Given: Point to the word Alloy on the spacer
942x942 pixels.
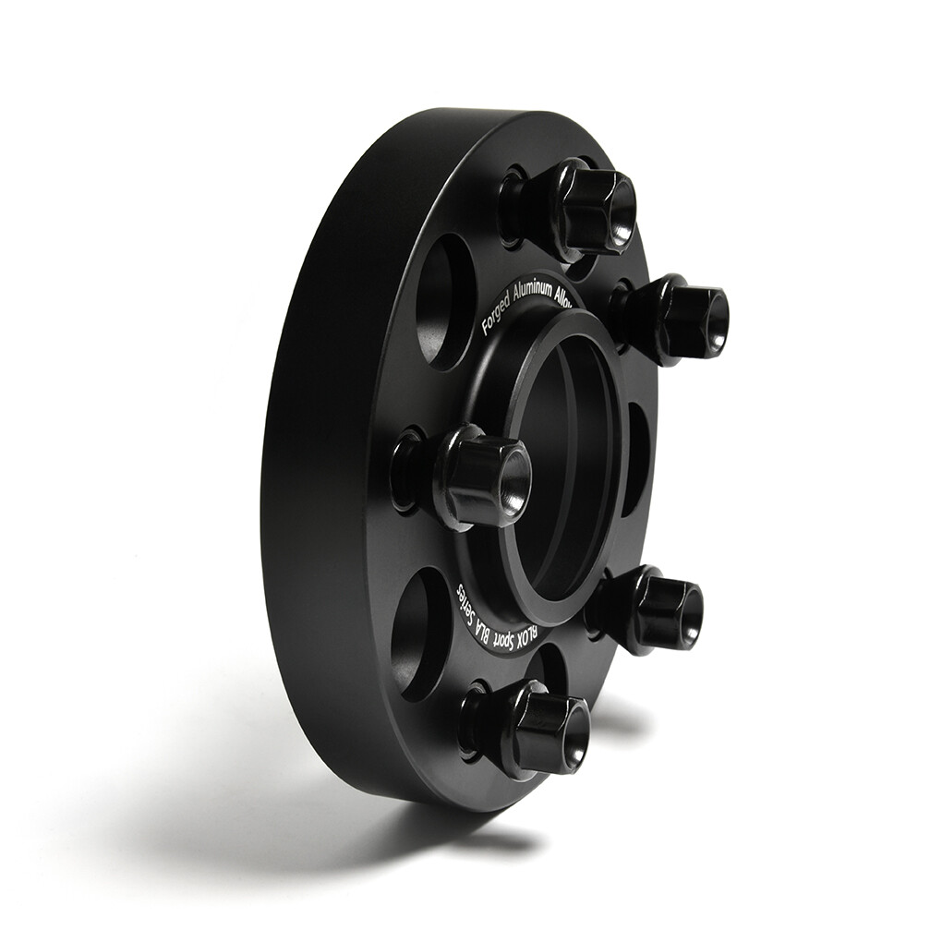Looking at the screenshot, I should pos(565,294).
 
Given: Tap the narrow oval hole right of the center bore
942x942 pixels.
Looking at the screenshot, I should pos(634,458).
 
